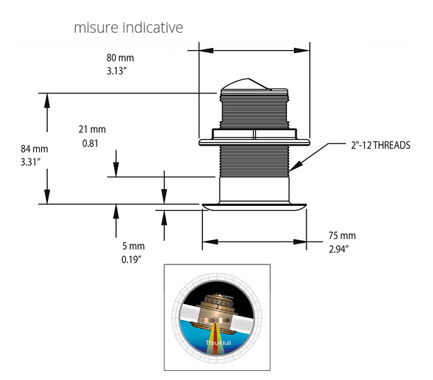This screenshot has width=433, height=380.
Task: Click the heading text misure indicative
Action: (129, 27)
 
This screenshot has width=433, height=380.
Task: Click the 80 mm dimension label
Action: (120, 58)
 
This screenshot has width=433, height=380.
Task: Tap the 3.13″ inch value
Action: (117, 71)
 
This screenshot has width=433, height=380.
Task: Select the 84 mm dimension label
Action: (35, 149)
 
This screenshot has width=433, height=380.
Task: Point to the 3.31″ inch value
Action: (31, 161)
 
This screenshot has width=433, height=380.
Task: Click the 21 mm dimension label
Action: (92, 129)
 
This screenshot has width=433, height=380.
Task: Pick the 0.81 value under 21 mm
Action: (90, 143)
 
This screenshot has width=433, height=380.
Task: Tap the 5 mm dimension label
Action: (133, 246)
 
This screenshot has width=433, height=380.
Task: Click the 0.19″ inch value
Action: (131, 260)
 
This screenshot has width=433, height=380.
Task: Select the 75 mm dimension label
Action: (342, 236)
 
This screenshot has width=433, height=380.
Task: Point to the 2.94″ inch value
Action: (338, 249)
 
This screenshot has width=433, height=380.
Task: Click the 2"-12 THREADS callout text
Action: (381, 145)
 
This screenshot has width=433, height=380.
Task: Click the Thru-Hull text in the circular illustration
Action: (218, 343)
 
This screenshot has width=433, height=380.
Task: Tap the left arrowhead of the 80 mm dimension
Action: (206, 50)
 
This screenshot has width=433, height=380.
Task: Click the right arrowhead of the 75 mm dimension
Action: (300, 242)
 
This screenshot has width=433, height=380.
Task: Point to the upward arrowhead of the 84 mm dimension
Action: (47, 100)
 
